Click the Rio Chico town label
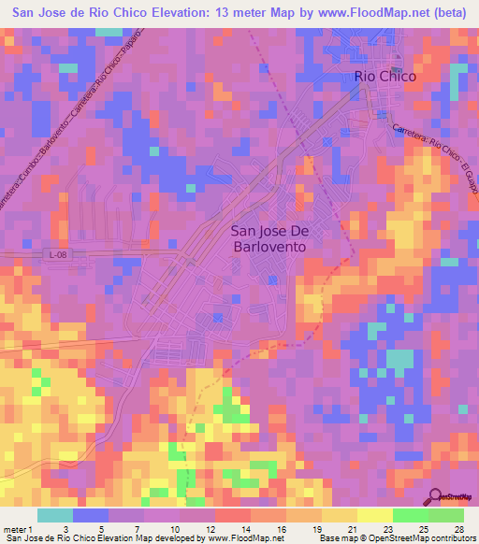click(384, 76)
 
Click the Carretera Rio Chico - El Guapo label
click(436, 158)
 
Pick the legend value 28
click(458, 529)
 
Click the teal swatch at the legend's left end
click(55, 515)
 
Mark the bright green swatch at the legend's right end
click(445, 515)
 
